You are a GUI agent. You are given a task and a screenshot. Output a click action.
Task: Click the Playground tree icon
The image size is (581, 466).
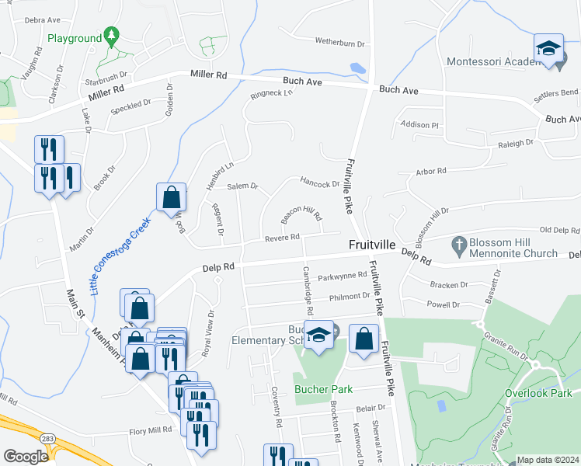(112, 35)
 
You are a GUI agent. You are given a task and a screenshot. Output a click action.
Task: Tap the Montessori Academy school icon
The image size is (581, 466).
(548, 49)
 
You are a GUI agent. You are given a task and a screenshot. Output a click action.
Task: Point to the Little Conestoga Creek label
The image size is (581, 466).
(119, 256)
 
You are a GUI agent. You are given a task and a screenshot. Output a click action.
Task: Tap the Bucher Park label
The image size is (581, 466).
(323, 389)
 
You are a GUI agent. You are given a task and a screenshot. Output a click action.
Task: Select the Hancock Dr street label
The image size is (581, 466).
(320, 185)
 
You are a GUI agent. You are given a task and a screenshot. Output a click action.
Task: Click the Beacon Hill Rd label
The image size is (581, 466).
(301, 212)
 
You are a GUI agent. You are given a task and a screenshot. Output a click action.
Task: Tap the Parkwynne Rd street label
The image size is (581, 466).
(341, 275)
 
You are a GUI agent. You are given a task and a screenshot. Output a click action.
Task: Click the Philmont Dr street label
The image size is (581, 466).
(350, 296)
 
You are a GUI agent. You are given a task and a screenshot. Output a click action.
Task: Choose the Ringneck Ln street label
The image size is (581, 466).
(271, 94)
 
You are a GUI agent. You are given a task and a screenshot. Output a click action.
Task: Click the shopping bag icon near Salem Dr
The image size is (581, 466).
(171, 197)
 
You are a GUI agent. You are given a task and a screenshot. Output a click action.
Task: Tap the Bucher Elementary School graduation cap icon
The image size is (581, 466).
(318, 334)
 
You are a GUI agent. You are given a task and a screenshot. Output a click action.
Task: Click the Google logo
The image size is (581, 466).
(26, 457)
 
